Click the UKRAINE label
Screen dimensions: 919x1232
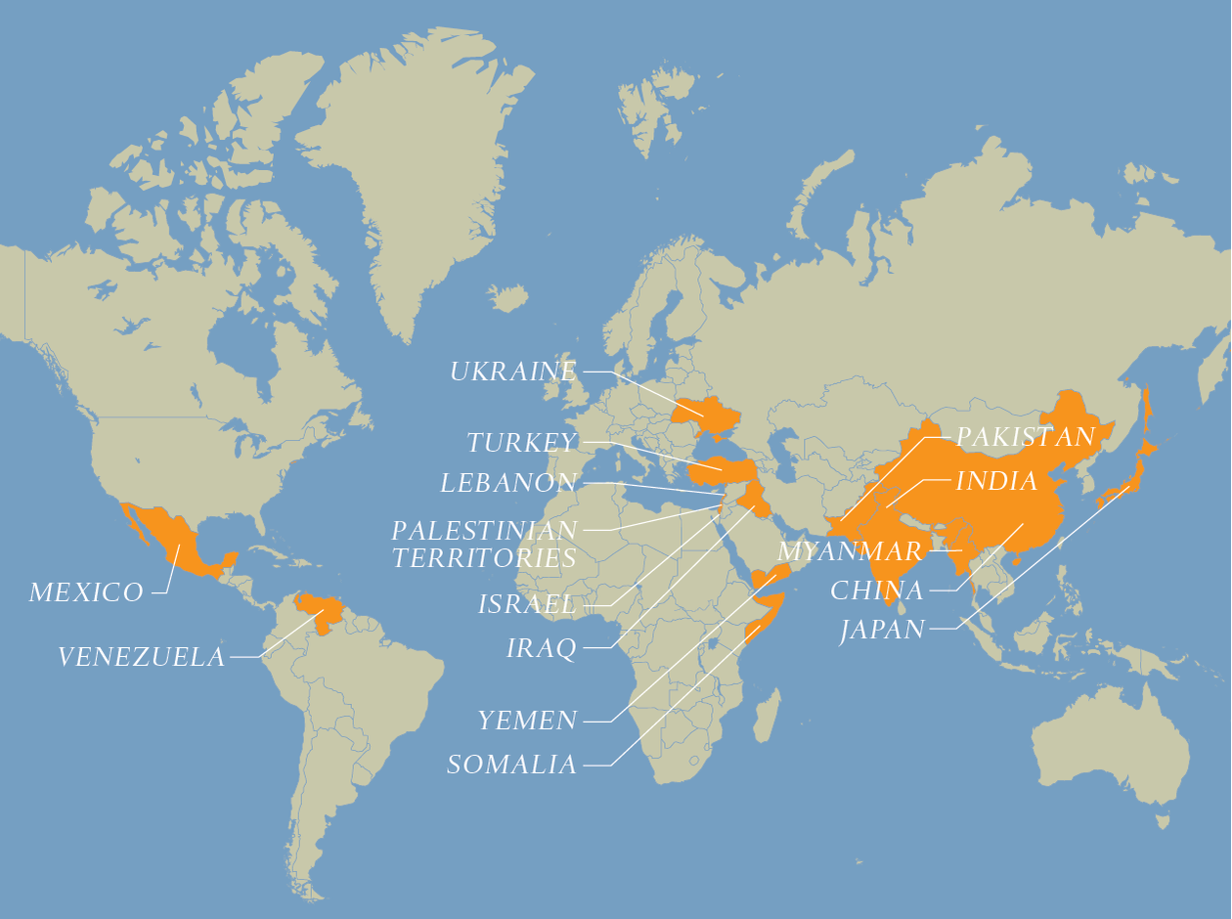pos(513,372)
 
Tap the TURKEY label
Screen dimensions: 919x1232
pos(522,443)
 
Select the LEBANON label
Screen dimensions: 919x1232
pos(508,483)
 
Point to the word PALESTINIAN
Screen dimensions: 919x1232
pos(484,531)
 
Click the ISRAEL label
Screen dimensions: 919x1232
pos(527,605)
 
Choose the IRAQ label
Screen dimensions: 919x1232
pos(541,648)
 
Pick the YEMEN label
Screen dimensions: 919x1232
pos(527,722)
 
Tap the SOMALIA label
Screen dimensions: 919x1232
pos(511,765)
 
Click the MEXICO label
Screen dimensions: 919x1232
pos(86,592)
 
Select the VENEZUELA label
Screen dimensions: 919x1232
pos(142,657)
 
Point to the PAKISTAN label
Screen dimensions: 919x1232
pos(1025,437)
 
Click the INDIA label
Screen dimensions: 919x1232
pos(996,481)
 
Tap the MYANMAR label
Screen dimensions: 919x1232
pos(850,551)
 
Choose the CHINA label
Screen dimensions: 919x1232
pos(876,591)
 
